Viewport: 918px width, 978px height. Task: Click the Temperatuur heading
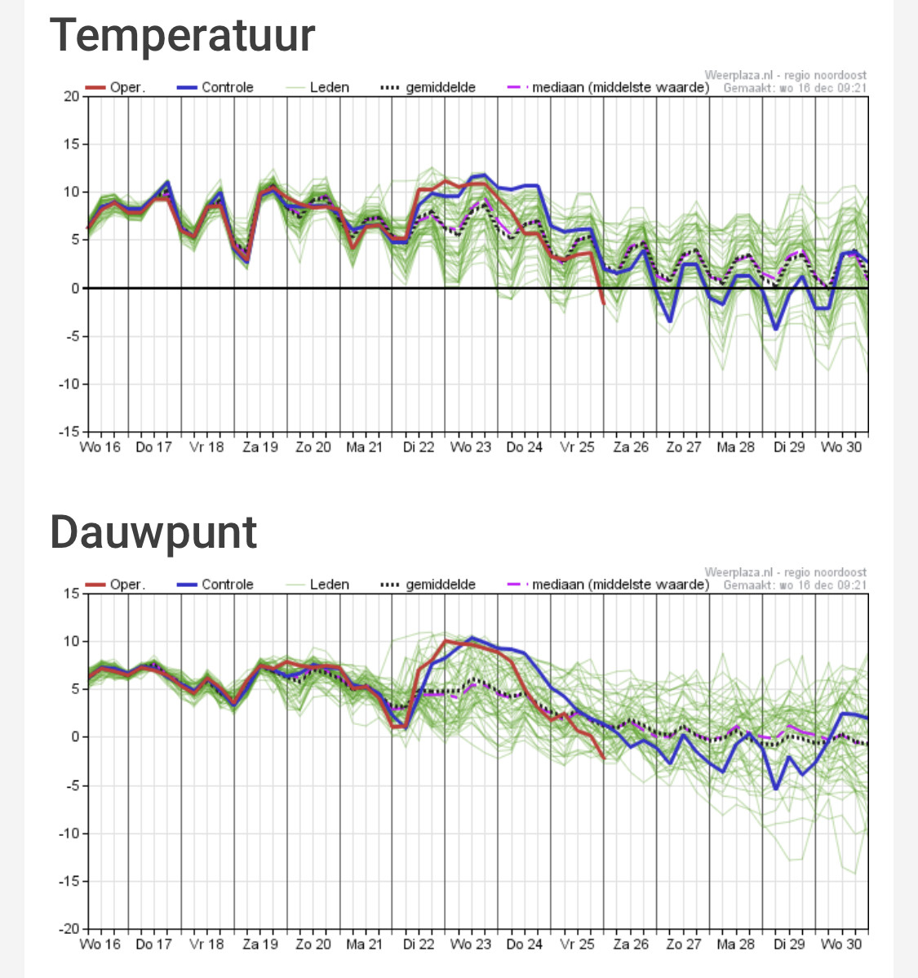182,36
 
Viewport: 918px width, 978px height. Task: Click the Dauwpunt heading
153,532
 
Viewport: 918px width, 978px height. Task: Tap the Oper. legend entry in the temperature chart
115,87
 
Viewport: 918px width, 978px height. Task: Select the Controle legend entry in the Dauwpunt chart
215,585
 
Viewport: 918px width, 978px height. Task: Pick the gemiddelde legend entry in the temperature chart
428,87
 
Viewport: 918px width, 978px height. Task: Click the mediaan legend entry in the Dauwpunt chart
608,585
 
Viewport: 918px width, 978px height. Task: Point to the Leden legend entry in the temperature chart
317,87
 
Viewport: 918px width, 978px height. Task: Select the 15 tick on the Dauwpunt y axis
72,593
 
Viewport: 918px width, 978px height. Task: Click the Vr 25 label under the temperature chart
577,447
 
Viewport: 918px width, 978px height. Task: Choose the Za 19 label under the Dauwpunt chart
260,945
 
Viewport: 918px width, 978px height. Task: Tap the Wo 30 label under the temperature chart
840,447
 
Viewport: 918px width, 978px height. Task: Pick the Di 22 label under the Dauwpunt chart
419,945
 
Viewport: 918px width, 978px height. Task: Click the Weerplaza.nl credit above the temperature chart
785,75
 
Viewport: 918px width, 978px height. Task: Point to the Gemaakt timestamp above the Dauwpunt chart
795,585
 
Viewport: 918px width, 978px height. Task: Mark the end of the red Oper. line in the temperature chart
604,304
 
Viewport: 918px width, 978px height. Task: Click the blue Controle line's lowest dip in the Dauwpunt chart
776,789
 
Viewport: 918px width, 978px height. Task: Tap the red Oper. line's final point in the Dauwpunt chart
604,758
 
